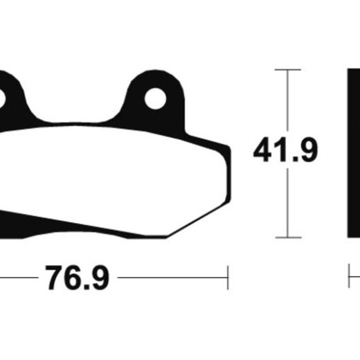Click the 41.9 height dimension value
285,150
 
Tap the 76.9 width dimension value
78,278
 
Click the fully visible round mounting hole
155,98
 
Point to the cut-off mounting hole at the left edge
2,99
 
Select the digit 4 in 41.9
262,150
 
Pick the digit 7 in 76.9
55,278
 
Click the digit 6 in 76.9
74,278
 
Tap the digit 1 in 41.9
280,150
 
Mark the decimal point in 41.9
293,159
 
